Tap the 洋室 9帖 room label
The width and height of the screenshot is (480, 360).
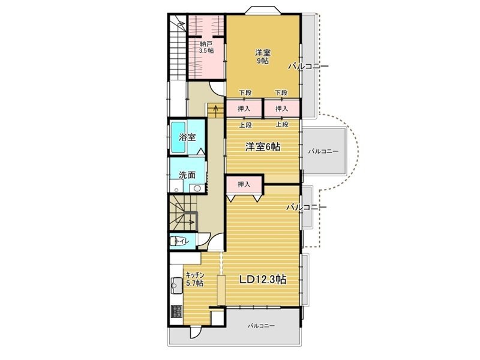[x=263, y=57]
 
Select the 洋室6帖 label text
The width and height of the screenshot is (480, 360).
[x=263, y=147]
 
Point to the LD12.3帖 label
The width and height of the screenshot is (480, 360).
[x=263, y=280]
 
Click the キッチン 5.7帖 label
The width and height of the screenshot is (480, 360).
[x=195, y=279]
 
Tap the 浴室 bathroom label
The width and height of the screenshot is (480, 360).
[x=187, y=137]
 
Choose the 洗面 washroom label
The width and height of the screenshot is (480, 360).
[x=187, y=175]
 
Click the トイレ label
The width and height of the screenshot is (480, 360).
[x=182, y=242]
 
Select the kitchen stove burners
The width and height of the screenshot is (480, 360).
[x=176, y=311]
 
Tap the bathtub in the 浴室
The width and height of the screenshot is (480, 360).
[x=178, y=137]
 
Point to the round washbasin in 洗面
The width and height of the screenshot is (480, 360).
[x=197, y=188]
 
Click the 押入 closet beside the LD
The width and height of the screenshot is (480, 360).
[x=244, y=184]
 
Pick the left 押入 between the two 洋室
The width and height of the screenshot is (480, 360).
[x=244, y=109]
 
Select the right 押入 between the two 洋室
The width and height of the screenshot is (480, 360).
[x=281, y=109]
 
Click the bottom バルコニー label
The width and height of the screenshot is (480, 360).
[x=261, y=326]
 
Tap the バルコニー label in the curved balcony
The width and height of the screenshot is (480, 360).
[x=323, y=151]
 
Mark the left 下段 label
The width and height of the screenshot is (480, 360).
[x=245, y=92]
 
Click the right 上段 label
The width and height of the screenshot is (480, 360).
[x=282, y=125]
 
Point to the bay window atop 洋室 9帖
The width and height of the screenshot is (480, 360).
[x=263, y=10]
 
